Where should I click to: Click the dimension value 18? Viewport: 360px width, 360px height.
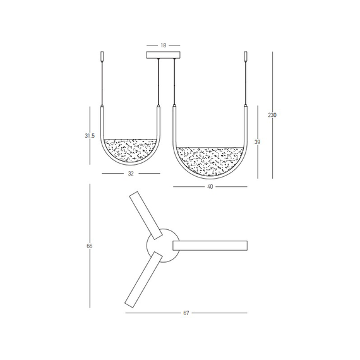pos(163,45)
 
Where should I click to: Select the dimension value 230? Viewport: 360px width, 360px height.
pos(272,115)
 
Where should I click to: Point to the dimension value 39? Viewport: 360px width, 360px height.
pos(257,142)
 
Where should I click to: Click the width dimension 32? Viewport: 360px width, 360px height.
pos(131,173)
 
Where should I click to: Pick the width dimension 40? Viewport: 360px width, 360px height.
pos(210,187)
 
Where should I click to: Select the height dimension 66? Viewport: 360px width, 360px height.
pos(90,246)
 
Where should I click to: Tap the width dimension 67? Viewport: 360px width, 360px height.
pos(186,313)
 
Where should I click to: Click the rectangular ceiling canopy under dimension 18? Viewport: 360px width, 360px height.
pos(163,55)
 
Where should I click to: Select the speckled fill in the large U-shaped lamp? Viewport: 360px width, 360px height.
pos(210,159)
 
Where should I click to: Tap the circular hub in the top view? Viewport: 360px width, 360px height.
pos(159,243)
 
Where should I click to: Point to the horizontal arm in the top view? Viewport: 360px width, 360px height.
pos(210,246)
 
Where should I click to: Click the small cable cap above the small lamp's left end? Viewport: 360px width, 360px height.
pos(103,57)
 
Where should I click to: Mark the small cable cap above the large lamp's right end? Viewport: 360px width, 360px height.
pos(246,56)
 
